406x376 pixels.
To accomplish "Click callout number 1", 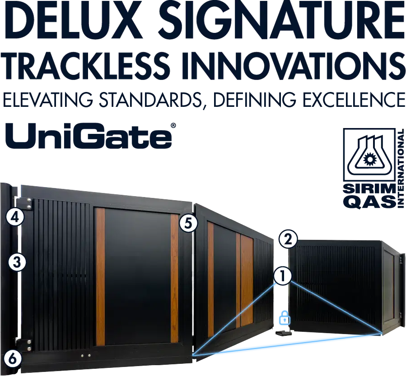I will click(283, 276).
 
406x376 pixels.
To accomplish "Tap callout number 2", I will click(288, 239).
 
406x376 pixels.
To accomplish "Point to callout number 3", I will click(17, 262).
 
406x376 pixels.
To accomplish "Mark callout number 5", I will click(188, 223).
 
